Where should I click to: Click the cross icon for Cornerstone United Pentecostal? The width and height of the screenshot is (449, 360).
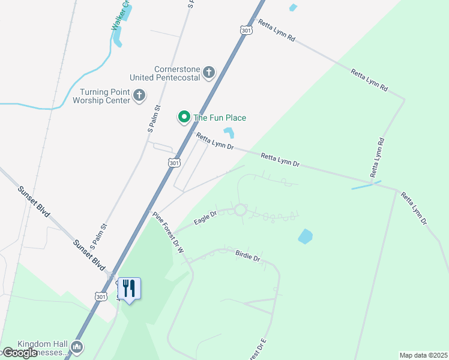208,73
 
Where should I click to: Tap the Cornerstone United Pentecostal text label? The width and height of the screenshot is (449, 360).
167,73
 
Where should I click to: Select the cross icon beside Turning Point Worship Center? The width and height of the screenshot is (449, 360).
139,95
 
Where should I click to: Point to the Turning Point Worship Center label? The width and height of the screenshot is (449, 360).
105,96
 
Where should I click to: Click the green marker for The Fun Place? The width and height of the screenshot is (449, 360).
184,117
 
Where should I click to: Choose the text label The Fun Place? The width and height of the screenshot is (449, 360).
219,118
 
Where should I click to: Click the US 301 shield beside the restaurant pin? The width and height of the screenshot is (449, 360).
101,296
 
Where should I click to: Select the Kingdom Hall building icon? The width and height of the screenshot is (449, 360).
76,347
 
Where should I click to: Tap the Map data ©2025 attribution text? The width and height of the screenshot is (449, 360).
424,355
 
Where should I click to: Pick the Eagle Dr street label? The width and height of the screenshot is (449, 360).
205,219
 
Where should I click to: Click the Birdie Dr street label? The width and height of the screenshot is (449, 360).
247,256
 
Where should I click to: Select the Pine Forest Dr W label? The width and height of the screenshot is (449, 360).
167,233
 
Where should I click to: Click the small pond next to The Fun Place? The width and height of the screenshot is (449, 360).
229,133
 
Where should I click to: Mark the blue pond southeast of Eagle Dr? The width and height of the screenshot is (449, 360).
305,236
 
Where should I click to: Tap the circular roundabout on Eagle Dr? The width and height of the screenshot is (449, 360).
240,210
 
